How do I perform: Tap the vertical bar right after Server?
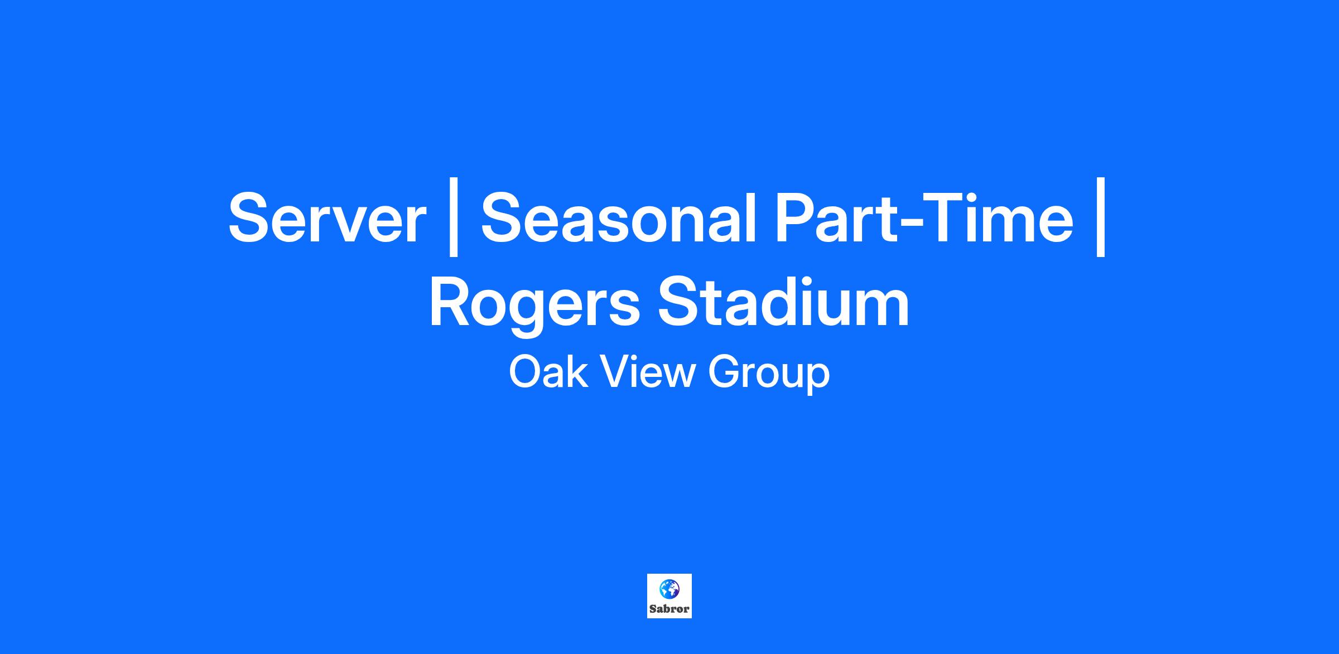click(454, 217)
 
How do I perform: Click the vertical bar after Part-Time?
click(1101, 217)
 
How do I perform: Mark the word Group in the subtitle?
click(769, 375)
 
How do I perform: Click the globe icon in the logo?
click(669, 589)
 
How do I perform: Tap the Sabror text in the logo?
click(669, 609)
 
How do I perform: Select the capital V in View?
click(616, 372)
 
